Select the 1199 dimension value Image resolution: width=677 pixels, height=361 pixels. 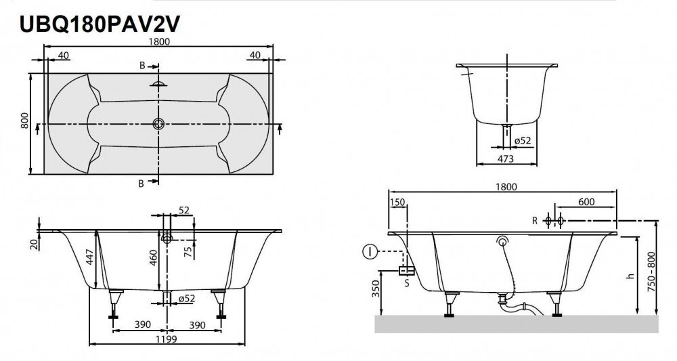click(x=167, y=339)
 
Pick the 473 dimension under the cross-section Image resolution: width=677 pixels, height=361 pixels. click(x=504, y=159)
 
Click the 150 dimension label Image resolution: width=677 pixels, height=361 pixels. click(x=397, y=202)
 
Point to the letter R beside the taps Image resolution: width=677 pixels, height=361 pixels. click(x=535, y=220)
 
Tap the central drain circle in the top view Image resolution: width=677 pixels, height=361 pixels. click(x=159, y=124)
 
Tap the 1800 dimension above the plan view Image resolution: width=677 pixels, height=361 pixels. click(x=158, y=41)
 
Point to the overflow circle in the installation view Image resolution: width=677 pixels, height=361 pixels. click(x=502, y=241)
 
